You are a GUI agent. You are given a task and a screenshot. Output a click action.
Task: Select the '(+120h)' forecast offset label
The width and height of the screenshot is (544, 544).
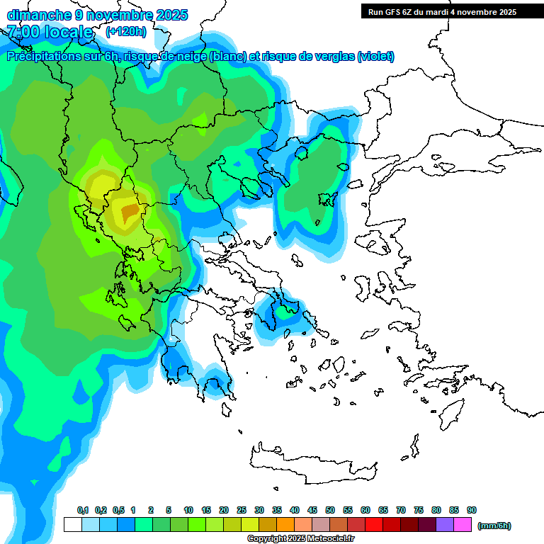(126, 32)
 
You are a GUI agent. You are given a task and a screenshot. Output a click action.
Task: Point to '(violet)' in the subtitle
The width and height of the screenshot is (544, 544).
(375, 57)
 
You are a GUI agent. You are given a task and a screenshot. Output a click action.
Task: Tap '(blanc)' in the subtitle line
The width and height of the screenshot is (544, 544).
(227, 57)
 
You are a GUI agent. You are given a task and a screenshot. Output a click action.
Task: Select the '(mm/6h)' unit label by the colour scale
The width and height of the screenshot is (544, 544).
(494, 526)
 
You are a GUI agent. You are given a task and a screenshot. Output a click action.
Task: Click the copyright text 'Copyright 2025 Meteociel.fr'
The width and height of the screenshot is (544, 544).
(300, 539)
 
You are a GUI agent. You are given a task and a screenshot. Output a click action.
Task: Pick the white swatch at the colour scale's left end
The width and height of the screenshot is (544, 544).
(72, 525)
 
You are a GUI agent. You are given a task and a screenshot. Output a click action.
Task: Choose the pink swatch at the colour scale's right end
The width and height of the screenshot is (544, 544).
(463, 525)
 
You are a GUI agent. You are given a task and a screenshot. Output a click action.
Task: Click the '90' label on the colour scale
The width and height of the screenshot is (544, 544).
(472, 510)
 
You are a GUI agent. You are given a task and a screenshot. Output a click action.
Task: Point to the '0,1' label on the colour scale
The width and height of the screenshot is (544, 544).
(82, 510)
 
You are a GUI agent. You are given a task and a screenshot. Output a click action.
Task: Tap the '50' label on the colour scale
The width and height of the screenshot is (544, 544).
(330, 510)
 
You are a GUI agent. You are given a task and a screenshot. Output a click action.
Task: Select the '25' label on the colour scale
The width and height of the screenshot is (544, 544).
(242, 510)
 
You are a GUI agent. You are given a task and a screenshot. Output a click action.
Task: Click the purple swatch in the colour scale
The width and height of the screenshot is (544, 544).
(445, 525)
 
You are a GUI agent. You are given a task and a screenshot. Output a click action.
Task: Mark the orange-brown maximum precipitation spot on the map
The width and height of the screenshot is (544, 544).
(130, 211)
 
